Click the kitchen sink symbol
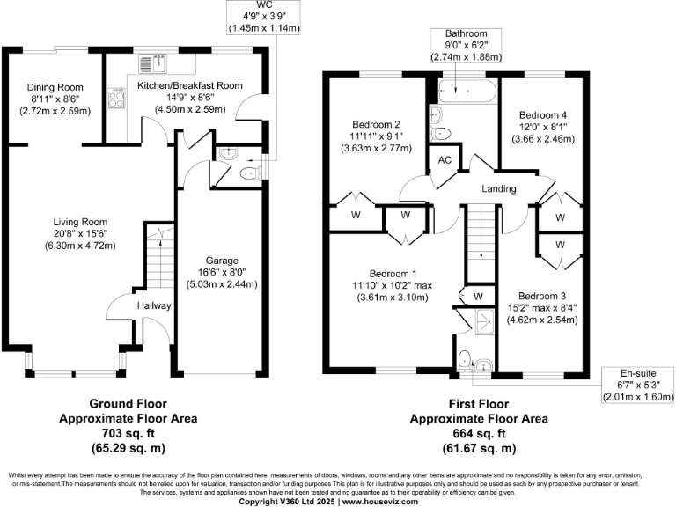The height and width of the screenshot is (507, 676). (x=152, y=63)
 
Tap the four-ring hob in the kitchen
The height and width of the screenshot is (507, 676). (x=116, y=98)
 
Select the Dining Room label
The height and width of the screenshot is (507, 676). (x=55, y=87)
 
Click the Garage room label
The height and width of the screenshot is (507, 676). (x=222, y=261)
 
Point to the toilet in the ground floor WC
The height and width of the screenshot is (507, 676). (x=250, y=173)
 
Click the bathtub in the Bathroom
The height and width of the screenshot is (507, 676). (x=467, y=91)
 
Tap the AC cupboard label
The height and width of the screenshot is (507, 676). (x=445, y=160)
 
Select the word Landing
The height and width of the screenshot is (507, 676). (x=499, y=188)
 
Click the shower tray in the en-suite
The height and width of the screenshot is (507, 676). (x=485, y=321)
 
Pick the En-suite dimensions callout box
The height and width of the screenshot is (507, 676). (x=638, y=386)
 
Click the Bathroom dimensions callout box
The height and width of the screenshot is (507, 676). (x=466, y=45)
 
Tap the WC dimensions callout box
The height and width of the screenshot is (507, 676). (x=264, y=18)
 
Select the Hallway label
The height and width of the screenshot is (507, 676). (x=154, y=305)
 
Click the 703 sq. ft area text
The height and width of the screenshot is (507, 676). (x=128, y=433)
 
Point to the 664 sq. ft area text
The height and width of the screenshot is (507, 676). (x=479, y=433)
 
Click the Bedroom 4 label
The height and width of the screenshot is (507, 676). (x=543, y=115)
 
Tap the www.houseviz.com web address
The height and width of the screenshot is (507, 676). (x=380, y=502)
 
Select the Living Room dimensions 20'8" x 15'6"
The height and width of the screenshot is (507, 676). (x=80, y=233)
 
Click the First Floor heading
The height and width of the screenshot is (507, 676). (x=479, y=404)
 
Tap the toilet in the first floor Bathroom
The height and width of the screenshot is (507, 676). (x=440, y=133)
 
